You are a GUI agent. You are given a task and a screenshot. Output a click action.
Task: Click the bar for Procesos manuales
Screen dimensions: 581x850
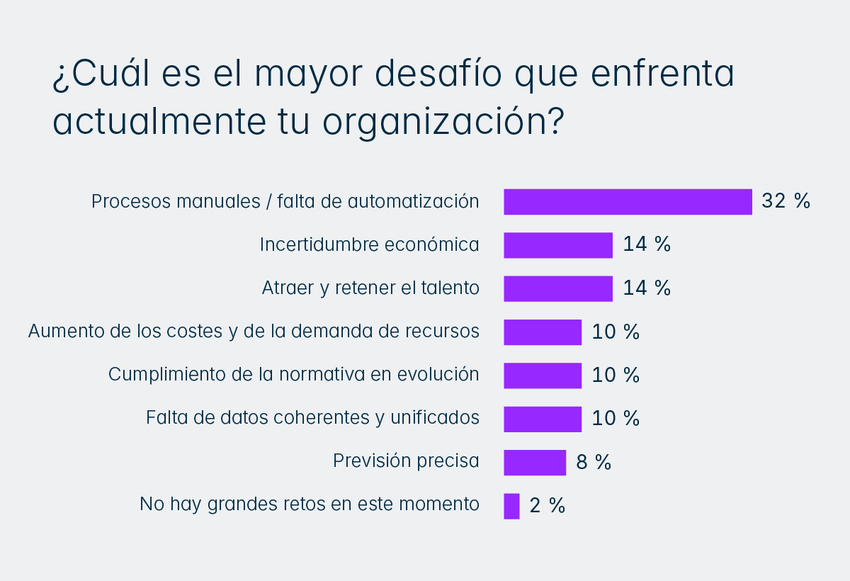coord(628,202)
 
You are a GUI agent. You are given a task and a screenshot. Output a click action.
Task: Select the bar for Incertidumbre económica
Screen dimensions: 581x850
coord(558,245)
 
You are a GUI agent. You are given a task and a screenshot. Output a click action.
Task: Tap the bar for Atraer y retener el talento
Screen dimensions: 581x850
coord(558,288)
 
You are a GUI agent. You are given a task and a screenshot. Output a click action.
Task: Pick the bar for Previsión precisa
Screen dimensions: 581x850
coord(535,462)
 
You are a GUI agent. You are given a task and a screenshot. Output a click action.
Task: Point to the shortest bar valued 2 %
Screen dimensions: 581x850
coord(511,506)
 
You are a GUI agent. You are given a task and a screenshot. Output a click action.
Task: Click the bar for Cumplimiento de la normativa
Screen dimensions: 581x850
coord(543,376)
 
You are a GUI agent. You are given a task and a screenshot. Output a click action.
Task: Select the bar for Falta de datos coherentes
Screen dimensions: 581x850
coord(543,419)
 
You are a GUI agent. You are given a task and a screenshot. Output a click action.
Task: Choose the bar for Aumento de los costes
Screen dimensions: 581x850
coord(543,332)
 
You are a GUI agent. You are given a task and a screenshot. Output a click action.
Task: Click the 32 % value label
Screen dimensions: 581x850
coord(786,201)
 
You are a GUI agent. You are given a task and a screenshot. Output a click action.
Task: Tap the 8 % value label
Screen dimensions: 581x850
coord(594,463)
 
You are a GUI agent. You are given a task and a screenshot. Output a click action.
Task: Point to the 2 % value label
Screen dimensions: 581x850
coord(548,506)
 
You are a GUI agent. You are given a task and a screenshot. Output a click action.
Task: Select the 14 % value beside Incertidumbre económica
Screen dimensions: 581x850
coord(647,245)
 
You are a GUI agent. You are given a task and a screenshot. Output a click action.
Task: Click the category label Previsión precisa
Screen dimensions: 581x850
coord(406,461)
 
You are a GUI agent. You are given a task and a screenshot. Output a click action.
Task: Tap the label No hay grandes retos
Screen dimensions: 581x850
coord(310,504)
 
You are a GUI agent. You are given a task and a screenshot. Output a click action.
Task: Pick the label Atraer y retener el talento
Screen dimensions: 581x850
coord(370,288)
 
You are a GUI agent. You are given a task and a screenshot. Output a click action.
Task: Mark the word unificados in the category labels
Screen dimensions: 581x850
coord(435,418)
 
